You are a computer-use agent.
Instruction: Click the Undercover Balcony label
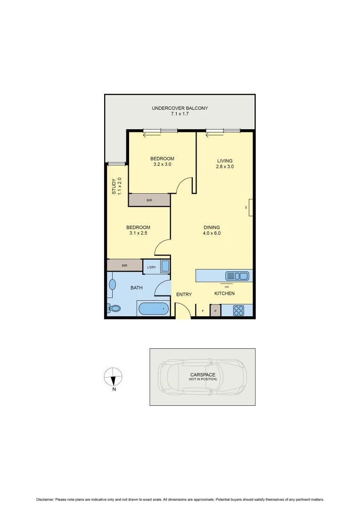(x=180, y=108)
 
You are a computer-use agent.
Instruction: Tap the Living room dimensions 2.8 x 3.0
(x=225, y=167)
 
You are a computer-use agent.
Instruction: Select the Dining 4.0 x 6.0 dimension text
(x=212, y=233)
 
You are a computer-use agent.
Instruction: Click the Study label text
(x=114, y=186)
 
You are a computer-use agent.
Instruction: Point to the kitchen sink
(x=237, y=276)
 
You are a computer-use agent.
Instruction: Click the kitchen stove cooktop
(x=238, y=311)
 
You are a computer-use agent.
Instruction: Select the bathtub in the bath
(x=153, y=309)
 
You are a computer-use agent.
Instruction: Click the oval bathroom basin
(x=113, y=285)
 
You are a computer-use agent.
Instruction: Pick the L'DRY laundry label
(x=151, y=268)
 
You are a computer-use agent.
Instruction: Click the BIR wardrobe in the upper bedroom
(x=149, y=200)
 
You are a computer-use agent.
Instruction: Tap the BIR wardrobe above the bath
(x=124, y=265)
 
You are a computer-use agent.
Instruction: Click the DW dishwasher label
(x=227, y=287)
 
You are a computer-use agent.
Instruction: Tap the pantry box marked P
(x=215, y=311)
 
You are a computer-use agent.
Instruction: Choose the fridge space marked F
(x=203, y=311)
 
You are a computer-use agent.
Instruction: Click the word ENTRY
(x=184, y=295)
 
